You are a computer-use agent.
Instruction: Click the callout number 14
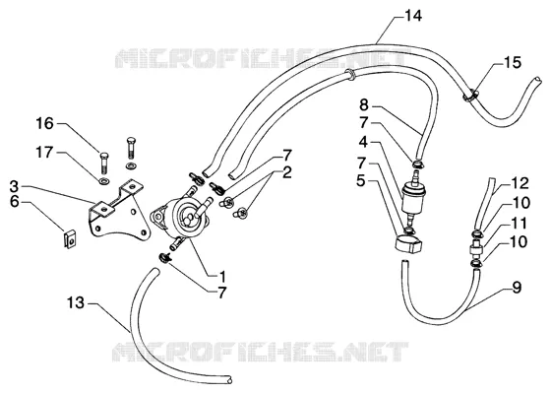tap(413, 16)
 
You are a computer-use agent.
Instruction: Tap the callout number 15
tap(513, 63)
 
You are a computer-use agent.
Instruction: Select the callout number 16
tap(45, 123)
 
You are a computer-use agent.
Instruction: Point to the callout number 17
tap(44, 153)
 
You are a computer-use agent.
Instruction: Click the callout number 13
tap(76, 302)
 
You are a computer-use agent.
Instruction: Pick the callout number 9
tap(517, 288)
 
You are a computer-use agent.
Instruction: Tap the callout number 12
tap(520, 183)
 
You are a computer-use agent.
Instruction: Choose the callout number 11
tap(520, 224)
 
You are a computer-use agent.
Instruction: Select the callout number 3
tap(14, 186)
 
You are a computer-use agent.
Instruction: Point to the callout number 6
tap(14, 202)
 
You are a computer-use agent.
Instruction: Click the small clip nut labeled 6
tap(71, 238)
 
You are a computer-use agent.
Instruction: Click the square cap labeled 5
tap(408, 243)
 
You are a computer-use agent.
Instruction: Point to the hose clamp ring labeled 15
tap(471, 95)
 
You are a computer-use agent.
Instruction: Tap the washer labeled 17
tap(103, 181)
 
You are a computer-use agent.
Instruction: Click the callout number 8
tap(364, 104)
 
